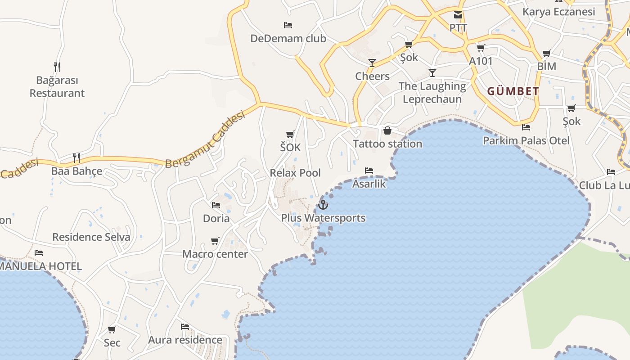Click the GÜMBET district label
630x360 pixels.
(513, 91)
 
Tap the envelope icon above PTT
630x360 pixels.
(458, 15)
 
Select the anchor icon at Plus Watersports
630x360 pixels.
(323, 205)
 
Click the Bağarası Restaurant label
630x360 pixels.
(57, 87)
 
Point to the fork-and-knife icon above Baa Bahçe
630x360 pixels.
(76, 157)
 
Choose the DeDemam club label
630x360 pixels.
(288, 39)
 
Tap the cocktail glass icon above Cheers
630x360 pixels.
(372, 63)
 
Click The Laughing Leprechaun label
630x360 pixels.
(432, 93)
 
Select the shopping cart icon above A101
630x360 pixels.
(481, 48)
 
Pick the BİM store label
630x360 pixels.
(546, 67)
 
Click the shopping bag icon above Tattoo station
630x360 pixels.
(387, 130)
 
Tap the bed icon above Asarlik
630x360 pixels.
(369, 171)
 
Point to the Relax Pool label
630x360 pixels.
(295, 173)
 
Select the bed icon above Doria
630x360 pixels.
(216, 205)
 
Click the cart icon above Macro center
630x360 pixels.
(215, 241)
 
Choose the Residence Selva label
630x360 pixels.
(91, 237)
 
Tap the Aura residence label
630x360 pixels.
(185, 340)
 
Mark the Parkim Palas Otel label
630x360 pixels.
(526, 141)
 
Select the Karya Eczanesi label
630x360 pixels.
(558, 12)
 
